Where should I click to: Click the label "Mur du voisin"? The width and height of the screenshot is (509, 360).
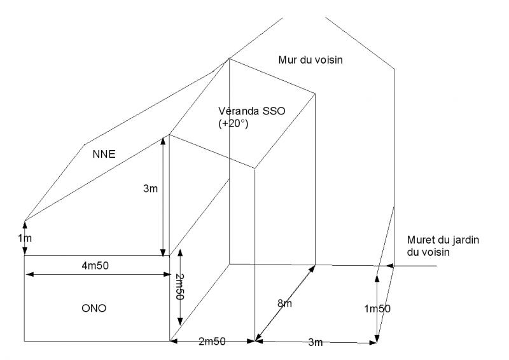coord(310,60)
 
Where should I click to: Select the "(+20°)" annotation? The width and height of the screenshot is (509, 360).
coord(232,123)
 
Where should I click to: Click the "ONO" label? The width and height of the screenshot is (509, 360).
coord(95,308)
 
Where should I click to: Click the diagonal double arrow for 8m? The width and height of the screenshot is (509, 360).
coord(285,301)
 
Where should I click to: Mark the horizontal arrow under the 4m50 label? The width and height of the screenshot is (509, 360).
coord(96,274)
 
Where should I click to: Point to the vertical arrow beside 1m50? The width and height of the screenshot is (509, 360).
coord(377,308)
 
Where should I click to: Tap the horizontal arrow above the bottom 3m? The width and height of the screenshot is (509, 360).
coord(315,342)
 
